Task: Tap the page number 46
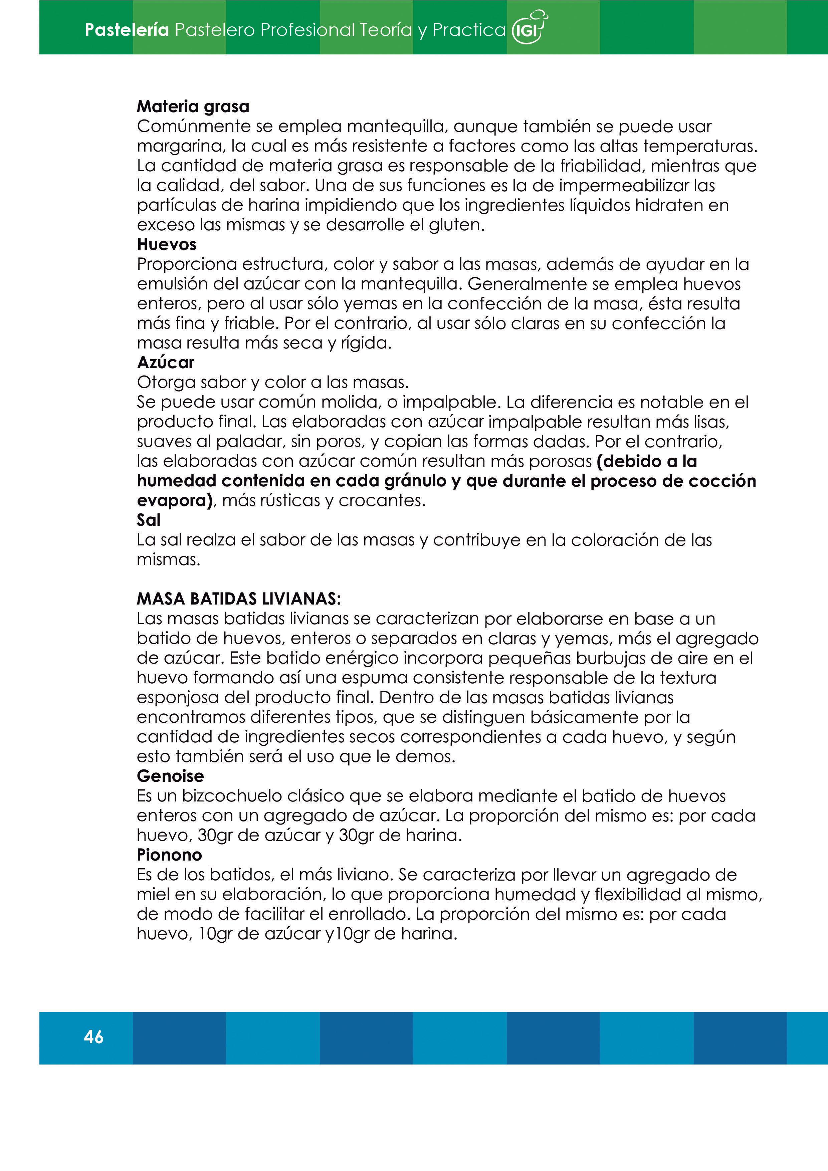click(x=94, y=1037)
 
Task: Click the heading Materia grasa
click(x=193, y=106)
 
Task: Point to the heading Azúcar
click(x=166, y=363)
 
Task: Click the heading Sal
click(x=149, y=520)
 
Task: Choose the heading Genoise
click(x=170, y=776)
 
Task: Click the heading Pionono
click(x=169, y=855)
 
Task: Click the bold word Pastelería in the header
click(x=127, y=30)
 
